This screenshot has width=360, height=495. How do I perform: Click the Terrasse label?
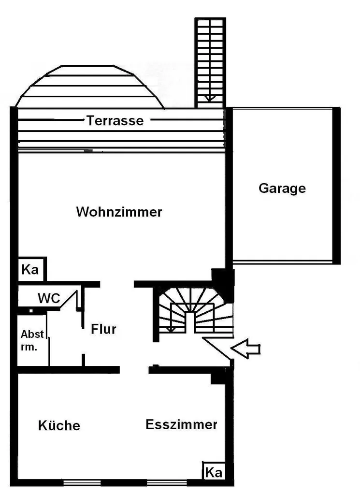click(115, 120)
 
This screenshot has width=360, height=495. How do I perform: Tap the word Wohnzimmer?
click(119, 212)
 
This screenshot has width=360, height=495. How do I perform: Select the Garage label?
click(282, 188)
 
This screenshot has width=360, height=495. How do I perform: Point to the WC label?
click(49, 298)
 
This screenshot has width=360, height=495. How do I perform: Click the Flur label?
click(103, 329)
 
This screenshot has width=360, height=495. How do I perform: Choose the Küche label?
click(59, 425)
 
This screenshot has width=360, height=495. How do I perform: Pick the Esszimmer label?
click(181, 424)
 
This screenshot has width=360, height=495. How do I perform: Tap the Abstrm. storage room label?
click(32, 339)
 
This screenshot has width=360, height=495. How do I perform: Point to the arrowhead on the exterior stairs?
click(210, 98)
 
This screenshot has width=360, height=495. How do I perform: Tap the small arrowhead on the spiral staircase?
click(170, 329)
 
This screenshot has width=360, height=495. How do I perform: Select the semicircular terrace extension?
click(89, 87)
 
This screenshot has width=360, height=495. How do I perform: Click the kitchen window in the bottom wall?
click(82, 482)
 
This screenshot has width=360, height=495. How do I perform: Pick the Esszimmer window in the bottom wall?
click(167, 482)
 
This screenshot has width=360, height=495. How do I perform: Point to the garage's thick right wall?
click(336, 186)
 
